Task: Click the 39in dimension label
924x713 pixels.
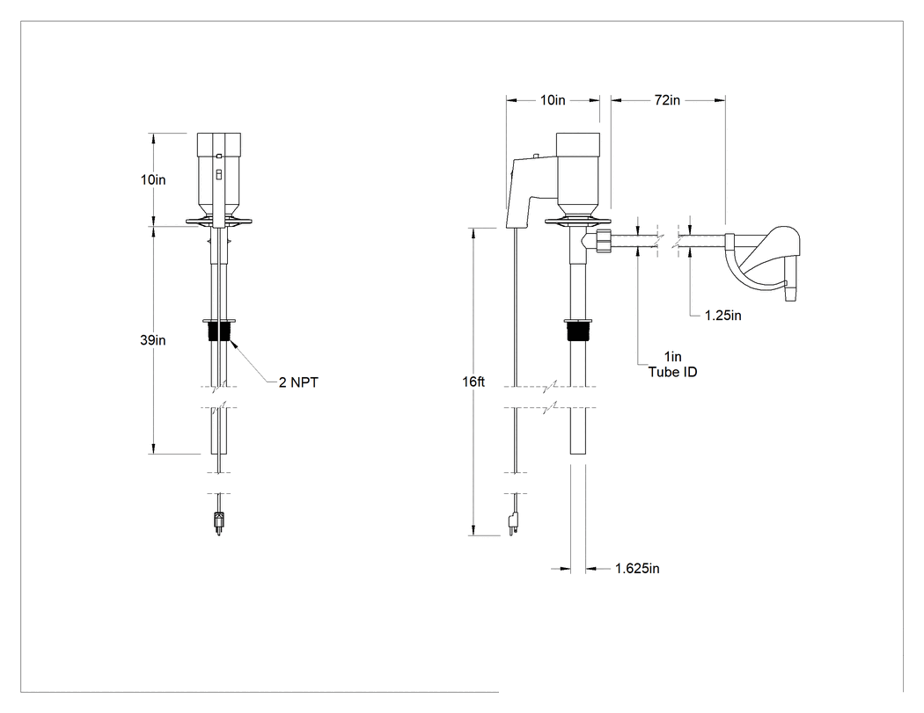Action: [x=152, y=340]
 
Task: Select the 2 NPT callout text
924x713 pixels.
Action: [x=298, y=382]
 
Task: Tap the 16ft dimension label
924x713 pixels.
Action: [x=473, y=382]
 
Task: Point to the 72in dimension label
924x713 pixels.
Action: [x=667, y=101]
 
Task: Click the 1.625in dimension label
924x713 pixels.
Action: [x=637, y=569]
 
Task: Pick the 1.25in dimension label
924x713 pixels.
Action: [x=723, y=316]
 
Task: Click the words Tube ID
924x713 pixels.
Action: [x=672, y=372]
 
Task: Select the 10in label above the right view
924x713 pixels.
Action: [x=553, y=101]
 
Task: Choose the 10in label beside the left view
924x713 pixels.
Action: [x=153, y=180]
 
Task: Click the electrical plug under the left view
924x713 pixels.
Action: [x=218, y=523]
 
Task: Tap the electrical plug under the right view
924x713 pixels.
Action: [x=513, y=523]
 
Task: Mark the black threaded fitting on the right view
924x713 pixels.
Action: [x=577, y=332]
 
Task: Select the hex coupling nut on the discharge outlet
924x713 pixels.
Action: [x=604, y=241]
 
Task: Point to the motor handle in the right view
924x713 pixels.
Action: [x=531, y=192]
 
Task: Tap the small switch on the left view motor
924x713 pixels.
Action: [x=218, y=175]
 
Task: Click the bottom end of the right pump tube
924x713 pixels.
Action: [x=578, y=454]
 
